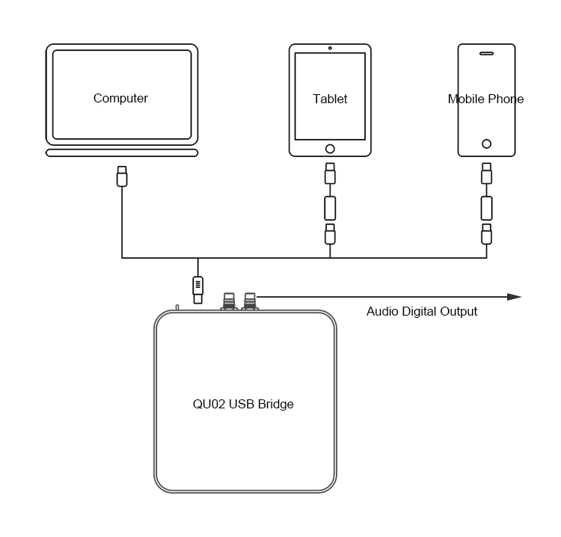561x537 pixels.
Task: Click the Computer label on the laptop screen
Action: tap(120, 98)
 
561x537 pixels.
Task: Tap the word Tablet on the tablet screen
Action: tap(330, 99)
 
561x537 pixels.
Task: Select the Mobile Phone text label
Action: tap(485, 99)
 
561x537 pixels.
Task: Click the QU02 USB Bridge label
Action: tap(243, 404)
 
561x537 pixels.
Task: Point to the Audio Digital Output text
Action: tap(421, 311)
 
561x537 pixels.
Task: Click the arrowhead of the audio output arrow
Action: tap(514, 297)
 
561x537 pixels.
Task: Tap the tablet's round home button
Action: tap(330, 148)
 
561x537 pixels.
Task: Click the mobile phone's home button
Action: tap(486, 144)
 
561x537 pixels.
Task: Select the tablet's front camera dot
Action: tap(330, 48)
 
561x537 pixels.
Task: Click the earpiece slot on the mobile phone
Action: tap(486, 53)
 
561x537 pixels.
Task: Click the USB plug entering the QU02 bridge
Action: tap(197, 288)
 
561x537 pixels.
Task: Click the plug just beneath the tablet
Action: tap(330, 174)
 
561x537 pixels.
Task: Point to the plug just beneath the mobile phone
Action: tap(486, 174)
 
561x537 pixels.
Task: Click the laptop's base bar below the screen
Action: tap(122, 153)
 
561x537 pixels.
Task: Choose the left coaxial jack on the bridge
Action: tap(229, 301)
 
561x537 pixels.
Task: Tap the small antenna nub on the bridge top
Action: tap(177, 307)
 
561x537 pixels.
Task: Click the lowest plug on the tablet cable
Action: tap(330, 234)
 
